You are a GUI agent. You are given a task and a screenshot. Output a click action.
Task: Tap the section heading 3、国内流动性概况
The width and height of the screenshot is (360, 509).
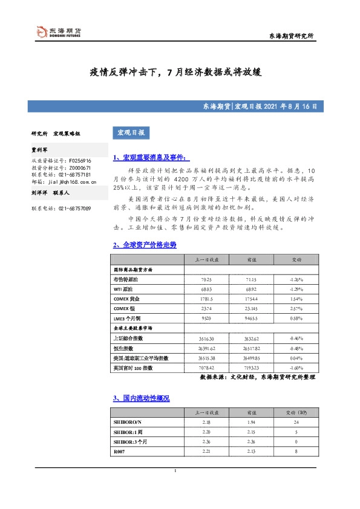(141, 398)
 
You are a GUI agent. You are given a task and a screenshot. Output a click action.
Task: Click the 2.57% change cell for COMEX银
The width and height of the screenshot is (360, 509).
(296, 309)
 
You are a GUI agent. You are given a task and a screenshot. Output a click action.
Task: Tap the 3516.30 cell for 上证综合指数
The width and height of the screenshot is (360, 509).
(206, 338)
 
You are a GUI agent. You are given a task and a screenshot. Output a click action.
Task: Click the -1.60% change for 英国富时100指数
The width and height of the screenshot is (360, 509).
(296, 367)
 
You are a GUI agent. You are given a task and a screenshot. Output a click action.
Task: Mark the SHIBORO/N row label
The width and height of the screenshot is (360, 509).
(128, 421)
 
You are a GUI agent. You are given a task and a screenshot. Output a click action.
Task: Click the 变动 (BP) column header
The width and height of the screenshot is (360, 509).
(296, 412)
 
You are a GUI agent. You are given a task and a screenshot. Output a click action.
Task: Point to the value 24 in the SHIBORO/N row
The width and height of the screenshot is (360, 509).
(296, 421)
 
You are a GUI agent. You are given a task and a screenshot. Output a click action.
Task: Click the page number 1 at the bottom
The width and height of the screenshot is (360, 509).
(175, 471)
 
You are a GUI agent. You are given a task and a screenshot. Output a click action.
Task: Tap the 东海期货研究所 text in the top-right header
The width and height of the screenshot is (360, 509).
(291, 37)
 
